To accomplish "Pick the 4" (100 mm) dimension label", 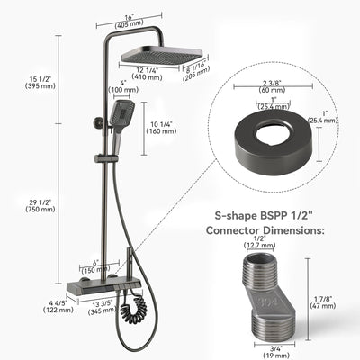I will [x=94, y=87].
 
